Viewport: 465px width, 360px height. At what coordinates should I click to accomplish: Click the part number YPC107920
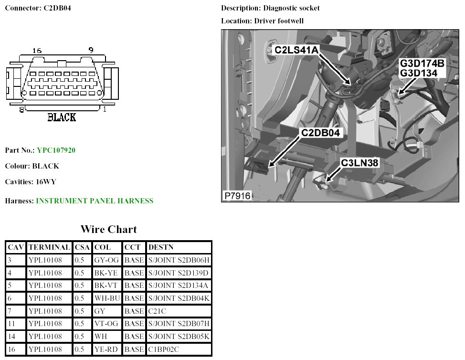coord(56,150)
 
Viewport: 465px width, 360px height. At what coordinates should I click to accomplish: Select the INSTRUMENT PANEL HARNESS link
coord(95,201)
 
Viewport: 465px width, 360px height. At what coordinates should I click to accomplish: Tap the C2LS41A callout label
coord(296,49)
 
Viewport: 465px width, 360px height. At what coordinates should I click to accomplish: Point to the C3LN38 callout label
coord(359,163)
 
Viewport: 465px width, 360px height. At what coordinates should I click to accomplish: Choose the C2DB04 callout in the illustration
coord(320,133)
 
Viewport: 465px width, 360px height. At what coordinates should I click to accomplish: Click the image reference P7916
coord(237,196)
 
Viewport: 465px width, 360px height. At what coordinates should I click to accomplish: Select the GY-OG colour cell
coord(107,260)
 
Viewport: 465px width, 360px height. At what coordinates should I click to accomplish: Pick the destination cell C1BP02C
coord(163,349)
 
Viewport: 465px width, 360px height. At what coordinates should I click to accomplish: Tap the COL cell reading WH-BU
coord(107,298)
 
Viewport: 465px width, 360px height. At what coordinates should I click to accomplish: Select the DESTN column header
coord(161,247)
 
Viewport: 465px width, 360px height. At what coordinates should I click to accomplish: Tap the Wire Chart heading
coord(108,230)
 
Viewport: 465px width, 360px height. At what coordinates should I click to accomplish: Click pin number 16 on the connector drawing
coord(37,50)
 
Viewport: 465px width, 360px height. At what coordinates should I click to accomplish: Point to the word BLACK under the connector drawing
coord(62,117)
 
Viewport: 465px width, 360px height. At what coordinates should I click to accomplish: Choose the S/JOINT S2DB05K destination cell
coord(179,336)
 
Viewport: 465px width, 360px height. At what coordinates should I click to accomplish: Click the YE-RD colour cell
coord(106,349)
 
